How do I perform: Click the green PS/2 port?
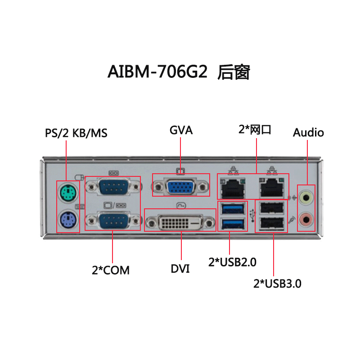click(68, 194)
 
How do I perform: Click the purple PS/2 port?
click(68, 220)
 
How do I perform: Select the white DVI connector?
click(180, 221)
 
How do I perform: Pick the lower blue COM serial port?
click(113, 221)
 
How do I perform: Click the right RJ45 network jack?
click(272, 187)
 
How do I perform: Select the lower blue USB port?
click(232, 223)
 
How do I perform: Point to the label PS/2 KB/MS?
click(76, 133)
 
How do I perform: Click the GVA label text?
click(181, 130)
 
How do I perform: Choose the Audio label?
click(308, 132)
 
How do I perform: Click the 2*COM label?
click(111, 270)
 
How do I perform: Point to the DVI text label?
click(180, 269)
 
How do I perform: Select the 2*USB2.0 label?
click(232, 262)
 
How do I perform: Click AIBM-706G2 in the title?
click(157, 72)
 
